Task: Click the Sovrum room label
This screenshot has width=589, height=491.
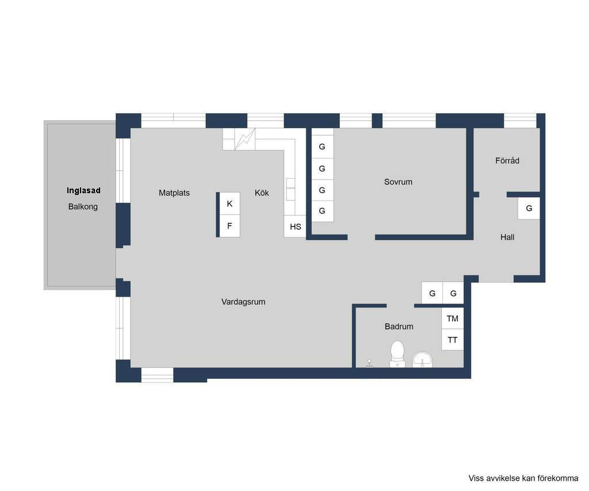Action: click(398, 182)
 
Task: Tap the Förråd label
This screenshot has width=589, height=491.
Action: click(507, 160)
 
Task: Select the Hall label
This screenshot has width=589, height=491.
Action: click(507, 237)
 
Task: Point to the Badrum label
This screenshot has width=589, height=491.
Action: click(399, 327)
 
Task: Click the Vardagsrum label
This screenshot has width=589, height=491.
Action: click(243, 302)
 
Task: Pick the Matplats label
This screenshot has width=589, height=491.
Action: click(174, 193)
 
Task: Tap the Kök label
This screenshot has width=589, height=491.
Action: click(262, 193)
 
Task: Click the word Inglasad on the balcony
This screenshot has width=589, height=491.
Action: click(83, 190)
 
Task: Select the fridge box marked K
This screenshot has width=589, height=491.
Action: click(230, 204)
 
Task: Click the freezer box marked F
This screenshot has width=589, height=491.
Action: click(230, 226)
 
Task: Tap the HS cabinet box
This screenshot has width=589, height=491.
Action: click(295, 227)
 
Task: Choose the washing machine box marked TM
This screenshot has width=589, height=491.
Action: click(452, 319)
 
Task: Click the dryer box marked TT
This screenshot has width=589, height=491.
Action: click(452, 340)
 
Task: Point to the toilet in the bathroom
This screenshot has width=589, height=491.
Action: click(397, 354)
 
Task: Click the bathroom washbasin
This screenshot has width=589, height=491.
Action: click(423, 359)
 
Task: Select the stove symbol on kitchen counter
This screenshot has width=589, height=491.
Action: click(244, 139)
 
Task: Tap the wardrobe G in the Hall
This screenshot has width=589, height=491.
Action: click(529, 208)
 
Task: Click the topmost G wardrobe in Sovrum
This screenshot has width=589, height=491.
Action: click(322, 147)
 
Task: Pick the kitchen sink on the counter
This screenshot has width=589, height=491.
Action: click(290, 189)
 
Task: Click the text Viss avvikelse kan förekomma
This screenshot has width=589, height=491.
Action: click(523, 478)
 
